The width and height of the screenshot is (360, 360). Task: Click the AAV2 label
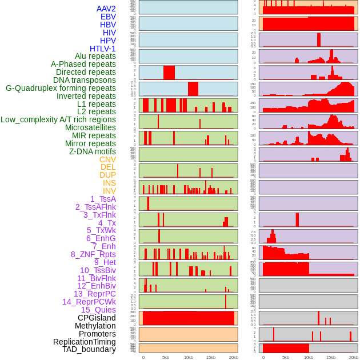[x=106, y=9]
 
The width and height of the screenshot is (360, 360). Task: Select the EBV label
[x=108, y=17]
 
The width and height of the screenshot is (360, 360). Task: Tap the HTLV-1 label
[x=103, y=49]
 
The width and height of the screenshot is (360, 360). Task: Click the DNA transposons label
[x=85, y=80]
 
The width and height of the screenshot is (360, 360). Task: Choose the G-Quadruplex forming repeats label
[x=61, y=88]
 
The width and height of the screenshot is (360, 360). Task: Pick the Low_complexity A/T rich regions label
[x=58, y=119]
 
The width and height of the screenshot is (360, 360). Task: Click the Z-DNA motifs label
[x=93, y=151]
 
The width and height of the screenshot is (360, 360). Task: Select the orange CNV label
[x=107, y=159]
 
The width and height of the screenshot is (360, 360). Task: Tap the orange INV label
[x=109, y=191]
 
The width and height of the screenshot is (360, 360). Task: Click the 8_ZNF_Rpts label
[x=93, y=254]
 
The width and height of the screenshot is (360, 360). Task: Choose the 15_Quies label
[x=98, y=310]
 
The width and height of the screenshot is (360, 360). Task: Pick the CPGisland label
[x=97, y=318]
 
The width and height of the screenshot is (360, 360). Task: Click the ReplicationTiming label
[x=84, y=342]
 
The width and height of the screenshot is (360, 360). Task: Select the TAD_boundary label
[x=89, y=349]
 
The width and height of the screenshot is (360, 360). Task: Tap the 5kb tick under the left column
[x=166, y=357]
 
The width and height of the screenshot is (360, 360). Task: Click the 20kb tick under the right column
[x=354, y=357]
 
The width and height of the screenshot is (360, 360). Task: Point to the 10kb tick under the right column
[x=309, y=357]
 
